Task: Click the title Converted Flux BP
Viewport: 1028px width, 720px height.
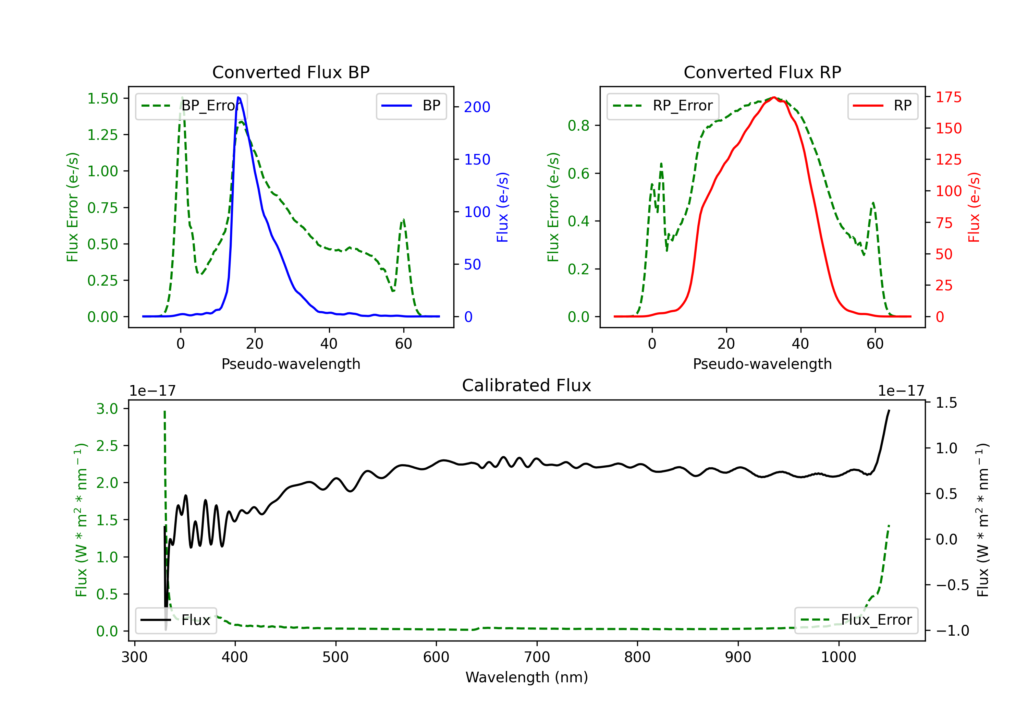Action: coord(291,72)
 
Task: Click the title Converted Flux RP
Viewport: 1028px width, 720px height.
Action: coord(762,72)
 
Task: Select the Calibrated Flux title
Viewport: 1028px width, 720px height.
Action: coord(527,385)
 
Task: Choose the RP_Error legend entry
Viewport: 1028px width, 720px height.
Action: coord(663,106)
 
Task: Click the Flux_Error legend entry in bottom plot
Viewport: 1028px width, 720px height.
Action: coord(856,620)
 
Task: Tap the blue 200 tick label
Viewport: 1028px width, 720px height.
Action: coord(477,107)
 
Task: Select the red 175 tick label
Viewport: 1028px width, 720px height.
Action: coord(948,97)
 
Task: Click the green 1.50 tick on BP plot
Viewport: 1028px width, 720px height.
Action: coord(102,98)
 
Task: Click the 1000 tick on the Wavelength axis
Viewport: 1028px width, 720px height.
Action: coord(838,657)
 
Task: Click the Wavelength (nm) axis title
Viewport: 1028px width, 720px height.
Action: coord(527,677)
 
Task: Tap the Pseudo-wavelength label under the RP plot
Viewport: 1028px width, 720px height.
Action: coord(762,364)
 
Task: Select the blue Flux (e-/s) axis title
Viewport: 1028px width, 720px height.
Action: coord(503,207)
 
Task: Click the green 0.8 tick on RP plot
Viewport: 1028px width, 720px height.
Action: coord(578,126)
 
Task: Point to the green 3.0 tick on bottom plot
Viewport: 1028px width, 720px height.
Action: coord(108,409)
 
